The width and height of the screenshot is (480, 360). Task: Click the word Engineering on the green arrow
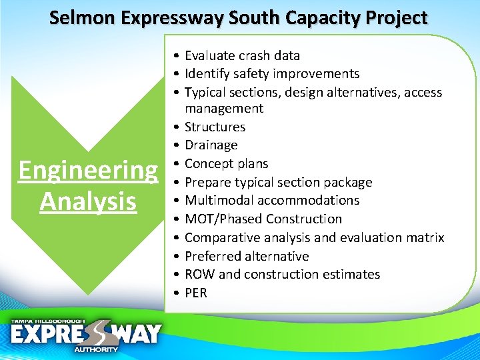click(88, 171)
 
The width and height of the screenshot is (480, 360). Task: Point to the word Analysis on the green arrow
click(88, 201)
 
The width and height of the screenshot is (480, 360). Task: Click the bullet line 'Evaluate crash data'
click(242, 55)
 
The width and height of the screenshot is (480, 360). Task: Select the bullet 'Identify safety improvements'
click(271, 74)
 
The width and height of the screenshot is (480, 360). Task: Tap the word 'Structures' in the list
click(215, 127)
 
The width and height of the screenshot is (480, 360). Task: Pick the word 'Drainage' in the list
click(211, 145)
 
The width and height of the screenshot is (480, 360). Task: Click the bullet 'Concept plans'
click(226, 163)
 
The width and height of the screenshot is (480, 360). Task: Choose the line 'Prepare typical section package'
click(278, 182)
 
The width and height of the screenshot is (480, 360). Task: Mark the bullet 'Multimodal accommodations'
click(271, 200)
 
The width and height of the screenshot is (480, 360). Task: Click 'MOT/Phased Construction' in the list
click(263, 219)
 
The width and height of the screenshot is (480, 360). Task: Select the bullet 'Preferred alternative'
click(246, 256)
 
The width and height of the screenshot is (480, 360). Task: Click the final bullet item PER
click(196, 293)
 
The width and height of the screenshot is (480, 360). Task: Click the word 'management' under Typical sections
click(224, 108)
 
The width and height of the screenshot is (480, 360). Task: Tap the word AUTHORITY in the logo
click(96, 349)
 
